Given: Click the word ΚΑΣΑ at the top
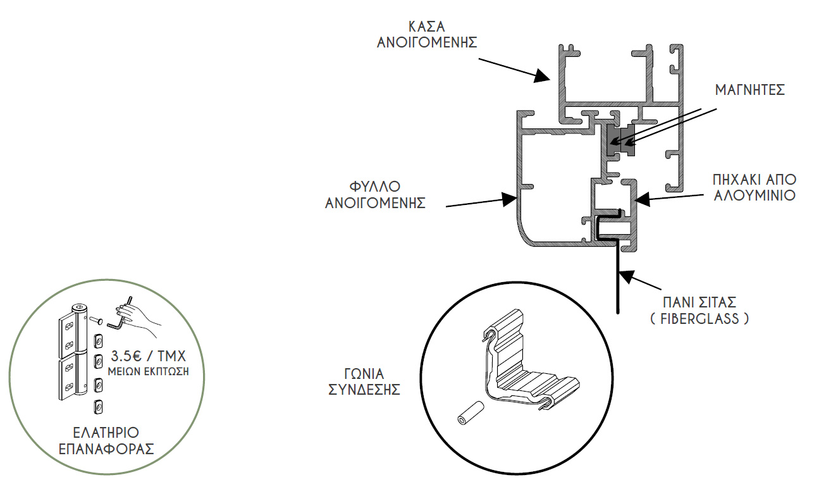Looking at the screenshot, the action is point(427,27).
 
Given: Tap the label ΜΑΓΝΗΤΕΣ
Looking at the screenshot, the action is point(750,90).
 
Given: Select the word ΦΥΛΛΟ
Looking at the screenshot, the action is point(375,187).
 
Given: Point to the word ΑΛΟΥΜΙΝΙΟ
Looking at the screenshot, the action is point(754,195).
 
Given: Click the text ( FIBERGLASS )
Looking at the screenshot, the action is point(699,319).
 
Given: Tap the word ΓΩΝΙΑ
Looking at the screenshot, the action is point(364,374).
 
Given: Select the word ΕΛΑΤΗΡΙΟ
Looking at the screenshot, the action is point(106,433).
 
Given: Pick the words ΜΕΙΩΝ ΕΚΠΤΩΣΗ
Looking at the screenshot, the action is point(148,371).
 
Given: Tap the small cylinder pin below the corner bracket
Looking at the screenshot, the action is point(471,413).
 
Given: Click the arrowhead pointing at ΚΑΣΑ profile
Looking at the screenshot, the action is point(542,76).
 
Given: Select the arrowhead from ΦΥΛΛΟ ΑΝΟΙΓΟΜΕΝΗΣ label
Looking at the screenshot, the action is point(508,199).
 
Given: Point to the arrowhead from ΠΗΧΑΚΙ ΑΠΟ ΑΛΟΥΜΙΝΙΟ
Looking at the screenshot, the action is point(643,199).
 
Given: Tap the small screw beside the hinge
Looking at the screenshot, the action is point(96,320).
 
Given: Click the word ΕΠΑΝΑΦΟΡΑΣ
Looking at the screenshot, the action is point(106,449).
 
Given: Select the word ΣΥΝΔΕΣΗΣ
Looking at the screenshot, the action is point(364,390).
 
